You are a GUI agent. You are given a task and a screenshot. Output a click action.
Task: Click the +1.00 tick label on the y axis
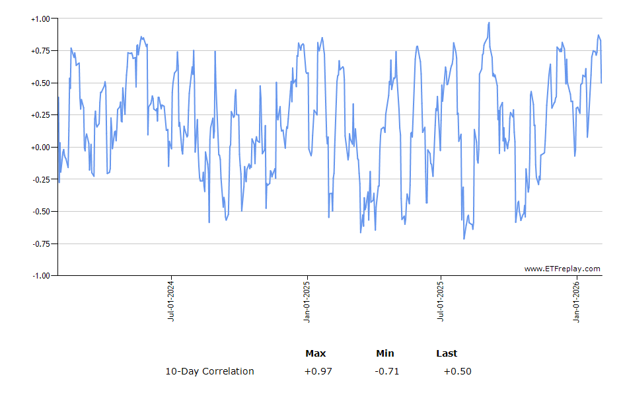40,19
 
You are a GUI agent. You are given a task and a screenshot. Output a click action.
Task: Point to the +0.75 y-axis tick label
40,51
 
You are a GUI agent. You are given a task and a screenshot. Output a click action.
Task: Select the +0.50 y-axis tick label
40,83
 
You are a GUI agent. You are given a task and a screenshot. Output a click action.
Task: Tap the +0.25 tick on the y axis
40,115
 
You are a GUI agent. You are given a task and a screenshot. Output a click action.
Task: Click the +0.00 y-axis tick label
40,148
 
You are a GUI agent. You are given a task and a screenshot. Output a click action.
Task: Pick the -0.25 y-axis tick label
41,179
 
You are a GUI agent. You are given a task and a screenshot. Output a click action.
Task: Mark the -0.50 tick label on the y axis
41,212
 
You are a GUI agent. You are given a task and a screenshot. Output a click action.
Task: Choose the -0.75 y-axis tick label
41,243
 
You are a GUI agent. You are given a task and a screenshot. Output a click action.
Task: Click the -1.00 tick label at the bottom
41,275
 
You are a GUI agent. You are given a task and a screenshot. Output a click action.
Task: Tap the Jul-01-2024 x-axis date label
171,302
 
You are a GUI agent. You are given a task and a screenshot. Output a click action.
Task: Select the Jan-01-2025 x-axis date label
307,302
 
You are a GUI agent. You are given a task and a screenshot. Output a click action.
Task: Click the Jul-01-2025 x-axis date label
441,302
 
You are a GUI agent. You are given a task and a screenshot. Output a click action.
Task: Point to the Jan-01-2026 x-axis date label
576,302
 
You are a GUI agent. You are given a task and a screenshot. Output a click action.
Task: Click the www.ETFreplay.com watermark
562,269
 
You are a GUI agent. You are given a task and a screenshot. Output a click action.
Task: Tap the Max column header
315,353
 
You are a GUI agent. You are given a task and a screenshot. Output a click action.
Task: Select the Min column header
385,353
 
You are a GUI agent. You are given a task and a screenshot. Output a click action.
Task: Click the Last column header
447,353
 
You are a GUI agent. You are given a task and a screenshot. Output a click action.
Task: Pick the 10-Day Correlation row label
209,371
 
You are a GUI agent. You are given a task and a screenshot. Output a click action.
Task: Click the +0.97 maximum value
318,371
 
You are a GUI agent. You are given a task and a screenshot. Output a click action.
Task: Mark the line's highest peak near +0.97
489,22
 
